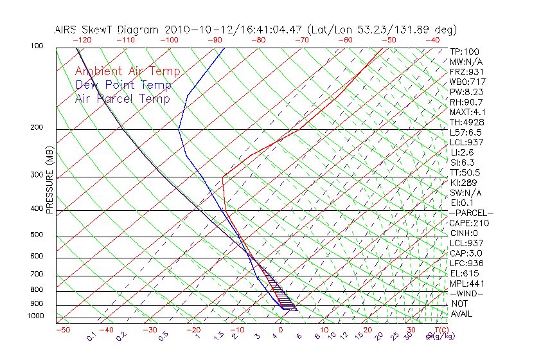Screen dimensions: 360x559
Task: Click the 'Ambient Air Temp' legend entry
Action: pyautogui.click(x=128, y=71)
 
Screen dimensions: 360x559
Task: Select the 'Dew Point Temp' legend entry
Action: pyautogui.click(x=123, y=85)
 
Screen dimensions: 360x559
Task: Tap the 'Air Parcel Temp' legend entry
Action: pyautogui.click(x=123, y=98)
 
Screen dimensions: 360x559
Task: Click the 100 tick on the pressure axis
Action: pyautogui.click(x=37, y=46)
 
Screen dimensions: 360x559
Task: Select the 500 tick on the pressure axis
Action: pyautogui.click(x=37, y=235)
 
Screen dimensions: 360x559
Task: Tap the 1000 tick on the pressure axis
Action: pyautogui.click(x=36, y=316)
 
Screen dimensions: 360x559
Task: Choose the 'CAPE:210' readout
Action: pyautogui.click(x=470, y=223)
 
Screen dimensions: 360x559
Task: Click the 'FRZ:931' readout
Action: pyautogui.click(x=467, y=71)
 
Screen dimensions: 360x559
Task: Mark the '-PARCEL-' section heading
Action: pyautogui.click(x=472, y=213)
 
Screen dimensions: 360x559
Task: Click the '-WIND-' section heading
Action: pyautogui.click(x=467, y=293)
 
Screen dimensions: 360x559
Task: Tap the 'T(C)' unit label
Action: pyautogui.click(x=441, y=330)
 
